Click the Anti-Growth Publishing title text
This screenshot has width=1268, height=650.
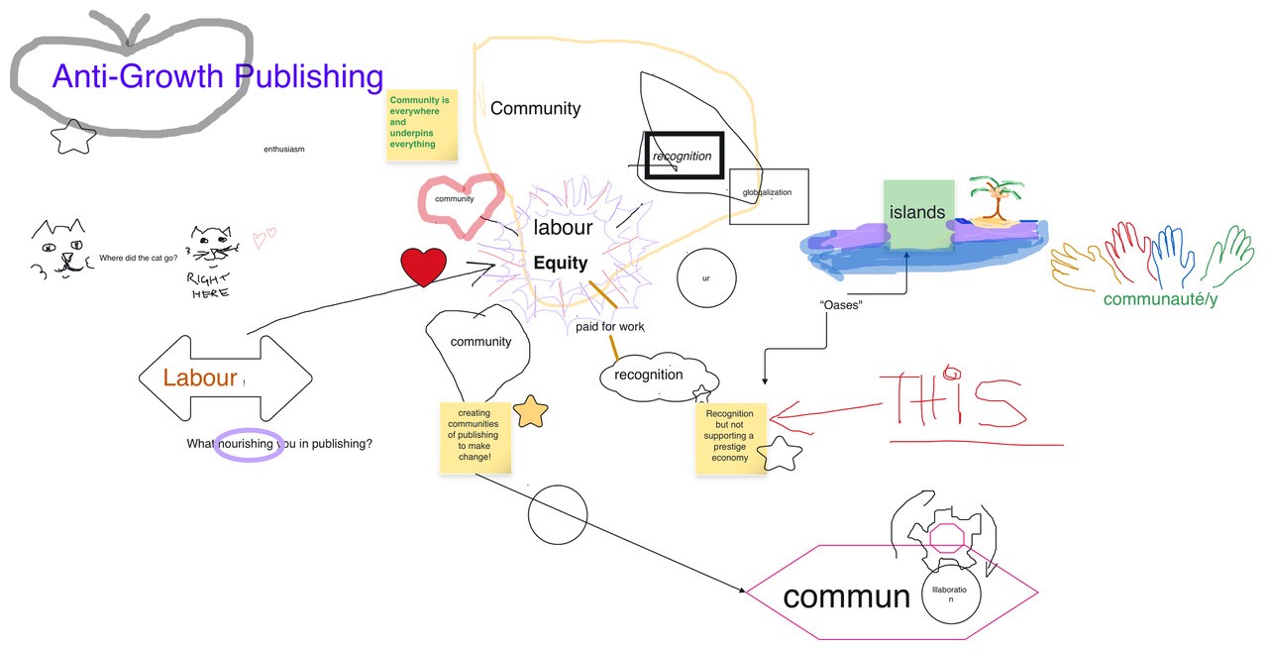[x=217, y=76]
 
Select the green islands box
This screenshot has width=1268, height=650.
[x=918, y=213]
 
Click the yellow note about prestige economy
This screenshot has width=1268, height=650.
[x=730, y=436]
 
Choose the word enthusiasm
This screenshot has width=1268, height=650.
[x=283, y=149]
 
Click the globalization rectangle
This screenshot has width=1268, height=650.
[x=769, y=195]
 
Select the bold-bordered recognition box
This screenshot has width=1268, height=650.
[x=684, y=156]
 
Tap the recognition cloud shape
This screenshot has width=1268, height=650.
[x=649, y=375]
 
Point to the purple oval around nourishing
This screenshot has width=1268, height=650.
[x=250, y=444]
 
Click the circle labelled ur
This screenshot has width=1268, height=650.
[x=706, y=278]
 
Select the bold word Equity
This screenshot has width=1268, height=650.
[x=560, y=264]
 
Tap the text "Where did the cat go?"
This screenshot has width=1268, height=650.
[x=139, y=259]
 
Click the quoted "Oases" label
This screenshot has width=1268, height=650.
[x=841, y=305]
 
